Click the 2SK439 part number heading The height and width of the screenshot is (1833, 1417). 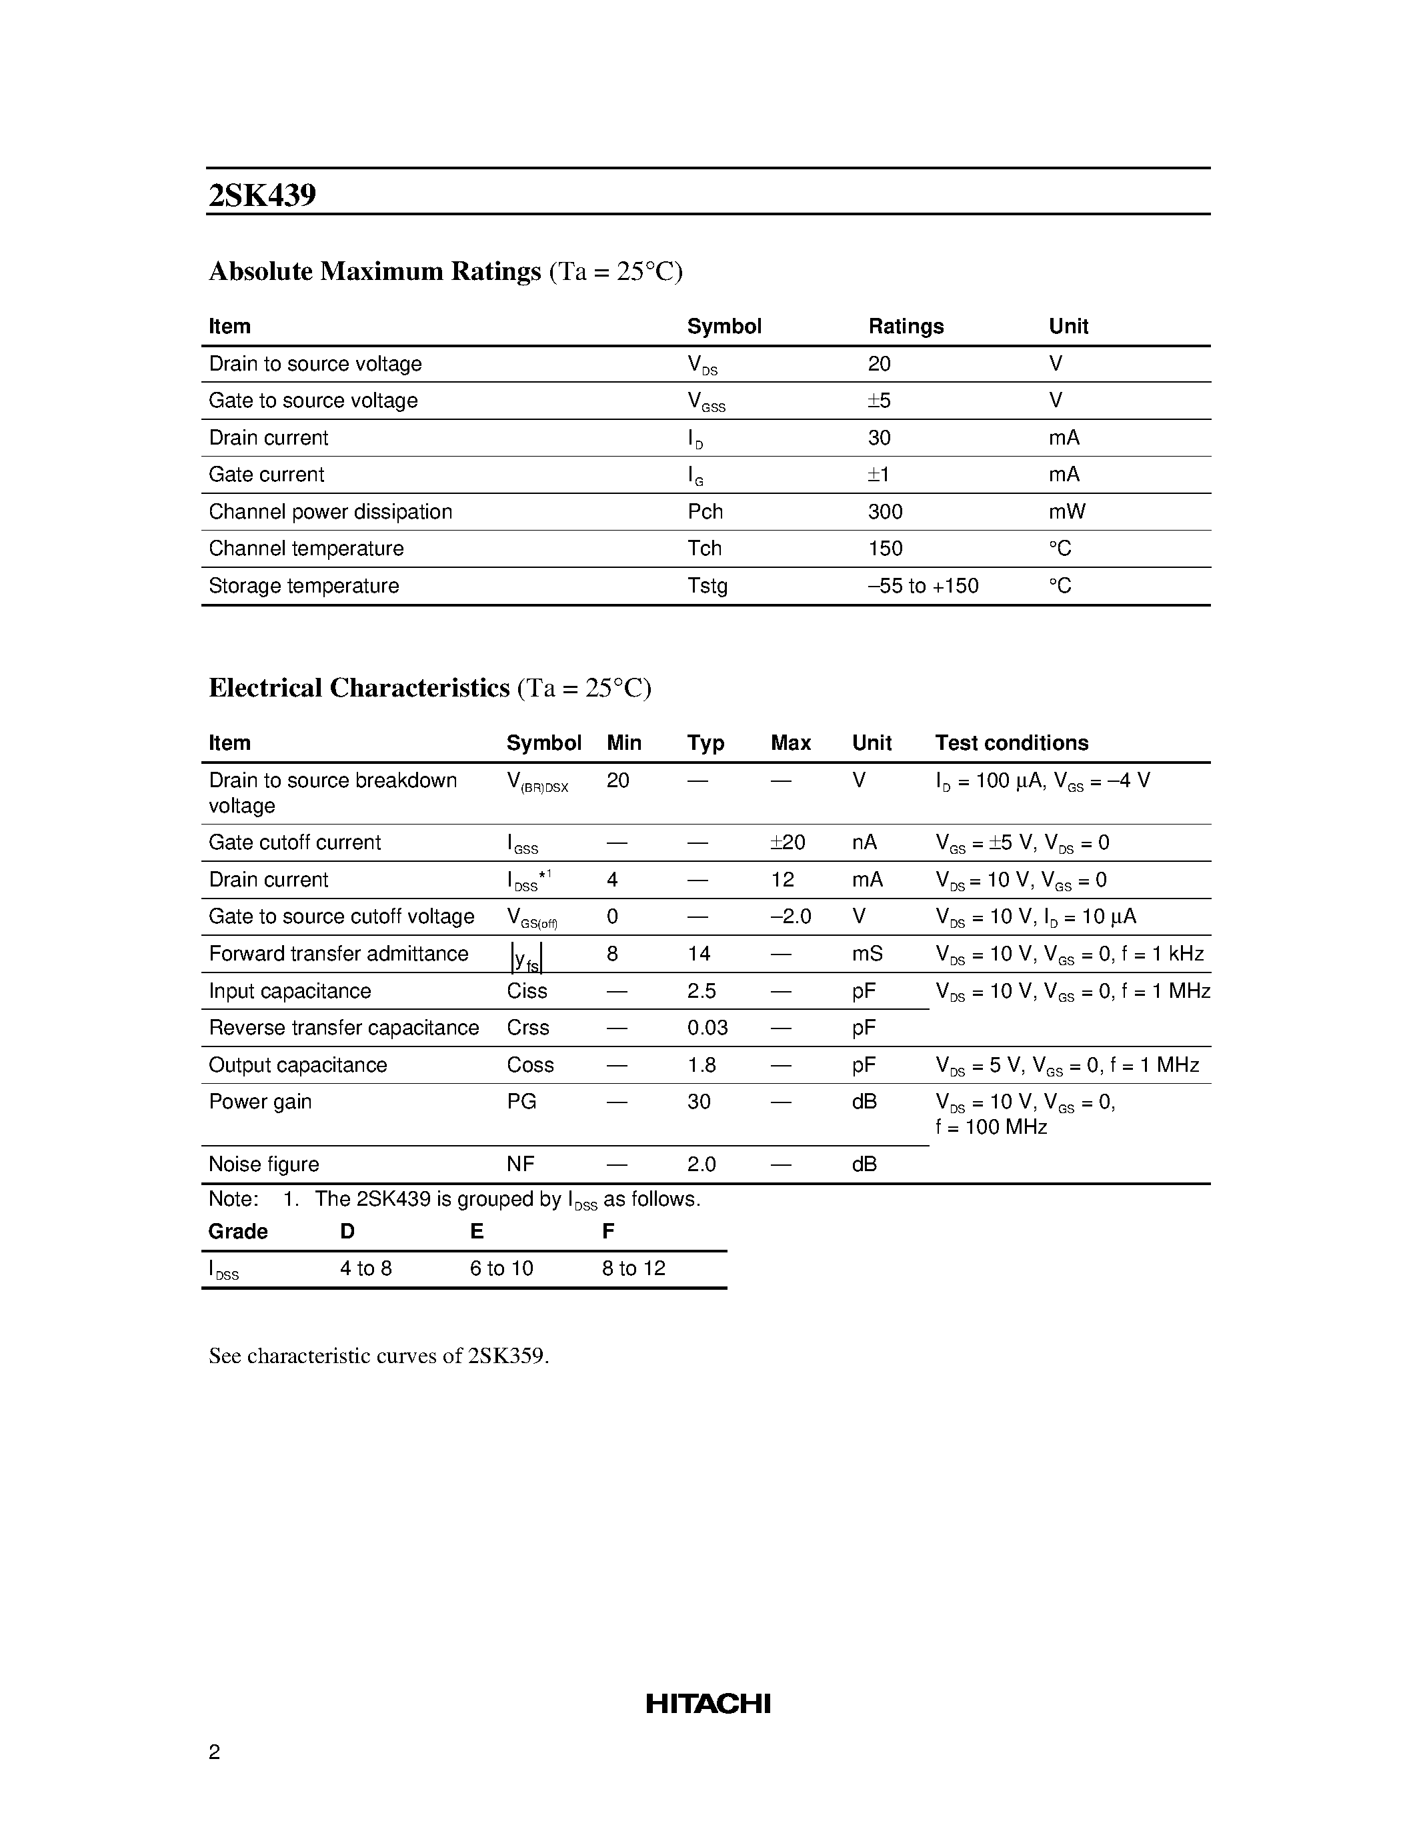pos(262,195)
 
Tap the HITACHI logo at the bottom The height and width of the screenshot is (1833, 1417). pos(707,1704)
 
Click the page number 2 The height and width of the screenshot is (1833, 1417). pos(214,1752)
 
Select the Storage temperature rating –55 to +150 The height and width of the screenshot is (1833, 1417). pos(923,586)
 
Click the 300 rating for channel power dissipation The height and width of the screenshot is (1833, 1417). pos(885,512)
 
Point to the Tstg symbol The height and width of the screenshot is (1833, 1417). pos(707,586)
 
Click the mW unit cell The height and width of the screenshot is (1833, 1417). pos(1066,512)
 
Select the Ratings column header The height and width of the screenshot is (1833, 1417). pos(905,327)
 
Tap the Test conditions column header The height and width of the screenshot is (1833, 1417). pos(1011,743)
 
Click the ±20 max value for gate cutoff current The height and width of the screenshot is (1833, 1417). pos(788,843)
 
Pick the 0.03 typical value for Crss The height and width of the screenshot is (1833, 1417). pos(707,1028)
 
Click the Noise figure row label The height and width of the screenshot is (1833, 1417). pos(263,1164)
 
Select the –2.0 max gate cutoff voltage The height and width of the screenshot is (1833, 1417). pos(790,916)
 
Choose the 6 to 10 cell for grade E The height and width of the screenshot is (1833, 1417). pos(501,1268)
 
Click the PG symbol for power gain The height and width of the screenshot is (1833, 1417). pos(521,1102)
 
